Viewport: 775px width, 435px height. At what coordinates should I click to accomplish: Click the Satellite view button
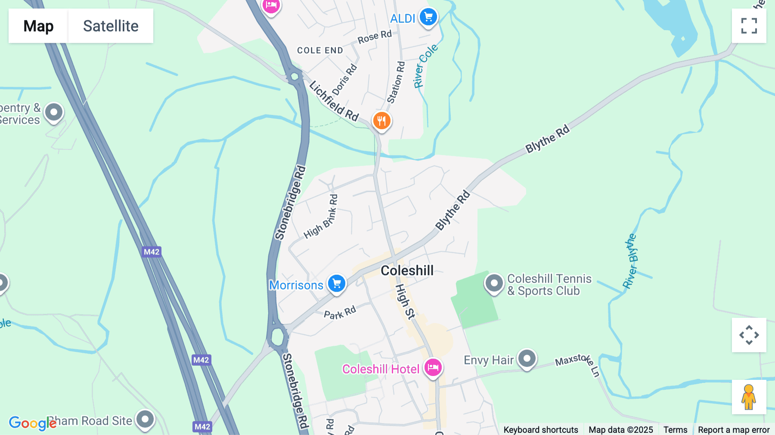pyautogui.click(x=111, y=26)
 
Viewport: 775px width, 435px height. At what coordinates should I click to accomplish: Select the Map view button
pyautogui.click(x=38, y=26)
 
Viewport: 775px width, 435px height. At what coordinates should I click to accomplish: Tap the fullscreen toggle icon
pyautogui.click(x=749, y=26)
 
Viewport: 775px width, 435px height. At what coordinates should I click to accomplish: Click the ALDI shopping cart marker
pyautogui.click(x=428, y=18)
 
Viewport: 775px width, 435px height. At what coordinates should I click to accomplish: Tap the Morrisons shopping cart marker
pyautogui.click(x=337, y=284)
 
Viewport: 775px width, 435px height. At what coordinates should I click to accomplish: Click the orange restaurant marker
pyautogui.click(x=381, y=121)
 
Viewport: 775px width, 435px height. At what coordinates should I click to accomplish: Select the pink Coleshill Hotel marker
pyautogui.click(x=433, y=368)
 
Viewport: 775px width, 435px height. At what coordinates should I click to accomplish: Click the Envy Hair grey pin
pyautogui.click(x=527, y=358)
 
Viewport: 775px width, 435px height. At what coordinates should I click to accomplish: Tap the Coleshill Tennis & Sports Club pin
pyautogui.click(x=494, y=283)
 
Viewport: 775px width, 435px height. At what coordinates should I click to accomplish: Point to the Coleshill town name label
pyautogui.click(x=407, y=270)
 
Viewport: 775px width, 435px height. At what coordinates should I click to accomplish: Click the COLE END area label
pyautogui.click(x=320, y=50)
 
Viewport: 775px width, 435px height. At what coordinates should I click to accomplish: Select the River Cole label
pyautogui.click(x=425, y=65)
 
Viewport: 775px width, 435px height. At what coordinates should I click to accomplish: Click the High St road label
pyautogui.click(x=405, y=301)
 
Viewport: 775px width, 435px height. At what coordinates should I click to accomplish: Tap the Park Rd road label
pyautogui.click(x=340, y=312)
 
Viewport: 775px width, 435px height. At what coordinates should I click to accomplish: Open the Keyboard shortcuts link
pyautogui.click(x=541, y=429)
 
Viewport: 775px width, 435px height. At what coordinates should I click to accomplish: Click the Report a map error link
pyautogui.click(x=734, y=429)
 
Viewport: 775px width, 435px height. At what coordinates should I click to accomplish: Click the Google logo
pyautogui.click(x=32, y=423)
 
